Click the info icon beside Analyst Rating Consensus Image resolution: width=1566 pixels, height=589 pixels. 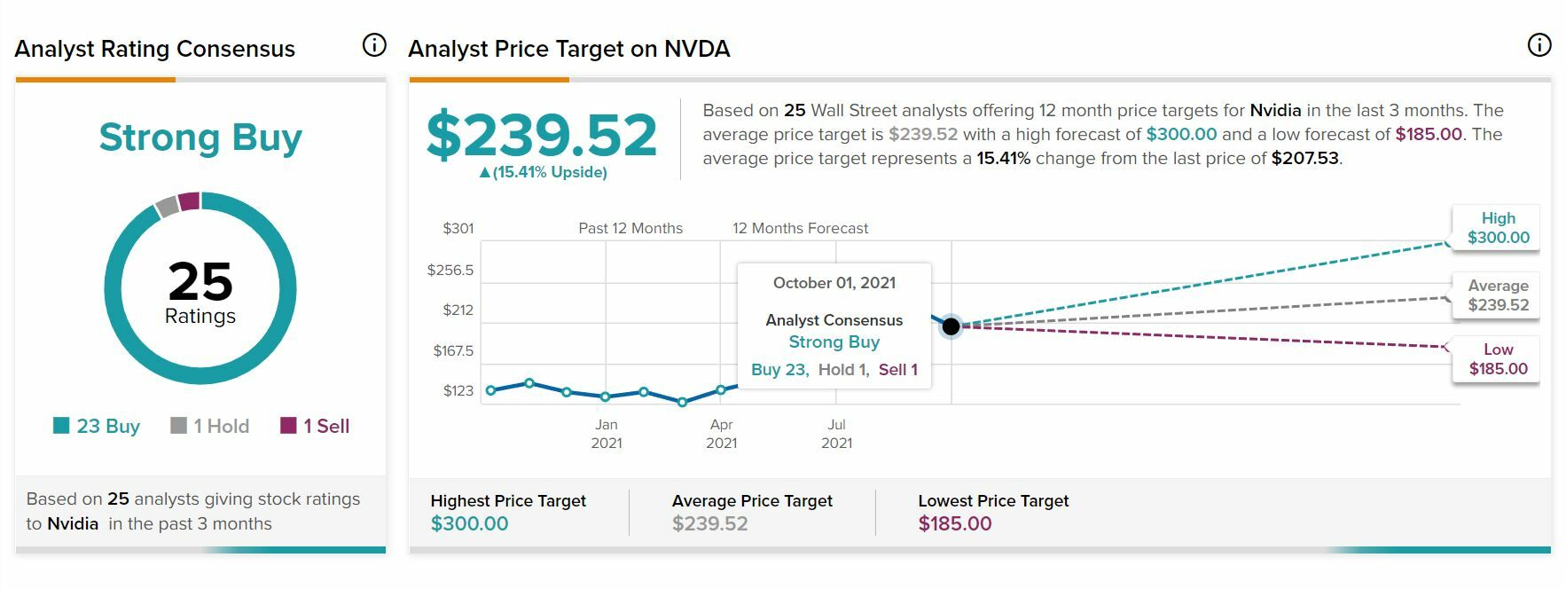coord(374,45)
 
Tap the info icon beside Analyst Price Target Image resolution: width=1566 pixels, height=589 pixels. coord(1539,45)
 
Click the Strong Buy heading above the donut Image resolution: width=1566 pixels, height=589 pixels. coord(200,137)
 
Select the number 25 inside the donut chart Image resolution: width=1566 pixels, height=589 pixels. coord(200,281)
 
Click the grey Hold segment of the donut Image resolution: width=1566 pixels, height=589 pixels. coord(167,207)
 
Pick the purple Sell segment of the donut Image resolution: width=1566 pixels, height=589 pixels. coord(189,201)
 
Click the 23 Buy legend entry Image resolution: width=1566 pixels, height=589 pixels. coord(97,426)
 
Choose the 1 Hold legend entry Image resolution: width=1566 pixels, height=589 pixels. coord(210,426)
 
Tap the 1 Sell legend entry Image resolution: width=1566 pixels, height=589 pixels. coord(315,426)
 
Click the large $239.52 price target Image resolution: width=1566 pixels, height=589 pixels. coord(541,135)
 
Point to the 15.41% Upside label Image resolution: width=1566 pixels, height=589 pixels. coord(543,172)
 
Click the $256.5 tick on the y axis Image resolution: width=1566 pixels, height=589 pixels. coord(450,270)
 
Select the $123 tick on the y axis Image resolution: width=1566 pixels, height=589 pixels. coord(458,390)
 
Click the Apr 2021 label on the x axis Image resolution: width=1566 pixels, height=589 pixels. coord(721,434)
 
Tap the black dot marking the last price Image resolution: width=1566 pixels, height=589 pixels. coord(951,326)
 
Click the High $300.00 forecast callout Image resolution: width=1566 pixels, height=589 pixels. coord(1498,228)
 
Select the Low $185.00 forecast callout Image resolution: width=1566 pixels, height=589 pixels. coord(1498,359)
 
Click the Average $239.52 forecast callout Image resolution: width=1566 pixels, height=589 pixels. coord(1498,295)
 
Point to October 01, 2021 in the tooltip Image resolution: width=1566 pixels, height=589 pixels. coord(834,283)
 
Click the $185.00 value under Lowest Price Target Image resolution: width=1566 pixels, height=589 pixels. coord(955,523)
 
